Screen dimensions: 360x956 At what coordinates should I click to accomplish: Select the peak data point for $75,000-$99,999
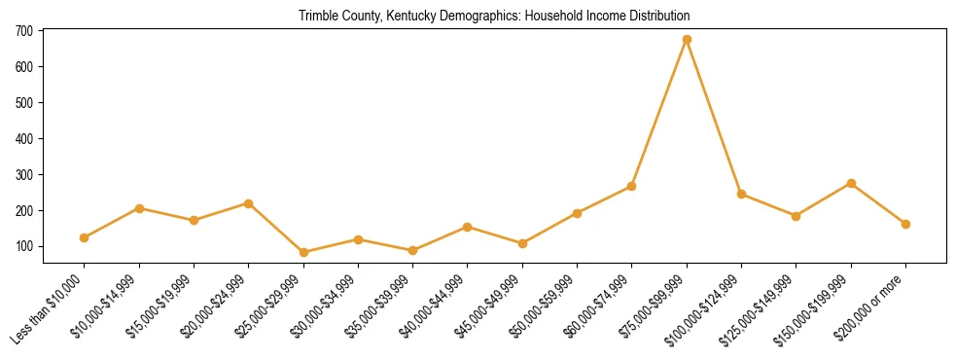tap(687, 40)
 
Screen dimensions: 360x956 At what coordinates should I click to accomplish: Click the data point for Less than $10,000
tap(85, 237)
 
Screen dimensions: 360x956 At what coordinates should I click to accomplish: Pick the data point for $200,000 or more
tap(905, 224)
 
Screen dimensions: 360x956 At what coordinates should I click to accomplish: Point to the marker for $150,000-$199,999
tap(851, 183)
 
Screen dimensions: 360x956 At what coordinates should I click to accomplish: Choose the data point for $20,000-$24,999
tap(249, 203)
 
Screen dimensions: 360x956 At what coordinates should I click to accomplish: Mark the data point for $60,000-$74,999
tap(632, 186)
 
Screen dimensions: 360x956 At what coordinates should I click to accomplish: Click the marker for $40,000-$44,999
tap(468, 227)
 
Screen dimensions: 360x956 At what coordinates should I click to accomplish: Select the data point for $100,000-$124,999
tap(741, 194)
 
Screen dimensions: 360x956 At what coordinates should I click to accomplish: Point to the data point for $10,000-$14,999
tap(139, 208)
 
